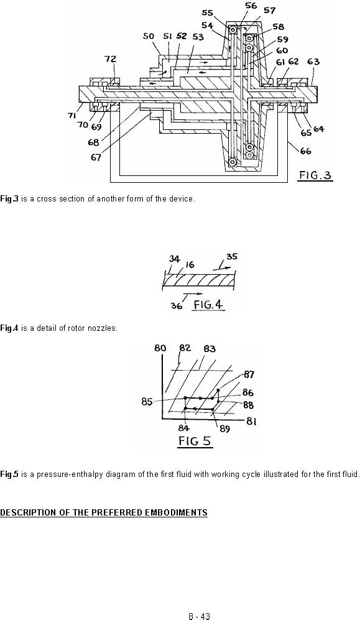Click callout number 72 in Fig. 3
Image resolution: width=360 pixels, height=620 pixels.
(x=110, y=59)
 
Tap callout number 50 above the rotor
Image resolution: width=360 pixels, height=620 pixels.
(x=148, y=36)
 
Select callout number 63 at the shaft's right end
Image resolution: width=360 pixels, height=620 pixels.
(x=313, y=62)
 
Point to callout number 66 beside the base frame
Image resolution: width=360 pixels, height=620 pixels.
(x=305, y=150)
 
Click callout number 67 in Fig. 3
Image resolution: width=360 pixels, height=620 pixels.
(x=96, y=157)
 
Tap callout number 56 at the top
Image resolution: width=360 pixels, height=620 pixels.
(x=251, y=6)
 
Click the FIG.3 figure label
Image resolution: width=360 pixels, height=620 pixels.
(x=315, y=175)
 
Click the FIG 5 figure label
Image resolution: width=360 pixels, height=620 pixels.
(x=195, y=441)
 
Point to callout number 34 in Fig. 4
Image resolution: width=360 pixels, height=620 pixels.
(x=174, y=259)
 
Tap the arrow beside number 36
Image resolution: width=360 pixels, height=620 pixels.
(x=193, y=294)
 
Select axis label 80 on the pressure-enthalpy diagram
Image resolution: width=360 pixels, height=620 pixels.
(x=160, y=348)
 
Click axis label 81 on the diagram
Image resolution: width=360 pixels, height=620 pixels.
(x=252, y=422)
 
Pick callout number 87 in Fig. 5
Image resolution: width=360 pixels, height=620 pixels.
(x=249, y=374)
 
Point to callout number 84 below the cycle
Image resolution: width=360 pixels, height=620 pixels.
(x=184, y=428)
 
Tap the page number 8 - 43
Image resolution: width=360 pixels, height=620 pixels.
(x=199, y=616)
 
